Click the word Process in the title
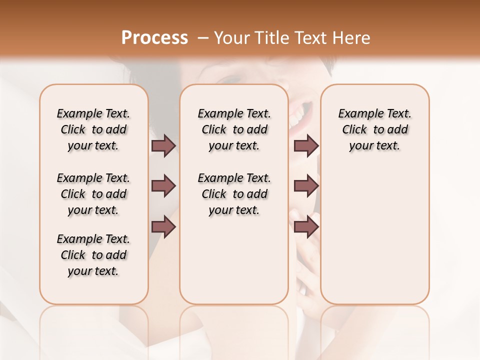[x=154, y=38]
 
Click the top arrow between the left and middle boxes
[x=163, y=145]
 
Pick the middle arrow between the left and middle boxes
[x=163, y=186]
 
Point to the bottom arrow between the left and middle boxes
[x=163, y=227]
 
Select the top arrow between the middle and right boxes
[x=306, y=145]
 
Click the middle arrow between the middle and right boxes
[x=306, y=186]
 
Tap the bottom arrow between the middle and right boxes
[x=306, y=227]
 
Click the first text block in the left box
[x=93, y=129]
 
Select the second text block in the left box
[x=93, y=194]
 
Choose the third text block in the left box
[x=93, y=255]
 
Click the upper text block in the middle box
[x=234, y=129]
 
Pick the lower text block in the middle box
[x=234, y=194]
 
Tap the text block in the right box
[x=374, y=129]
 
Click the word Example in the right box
[x=356, y=113]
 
